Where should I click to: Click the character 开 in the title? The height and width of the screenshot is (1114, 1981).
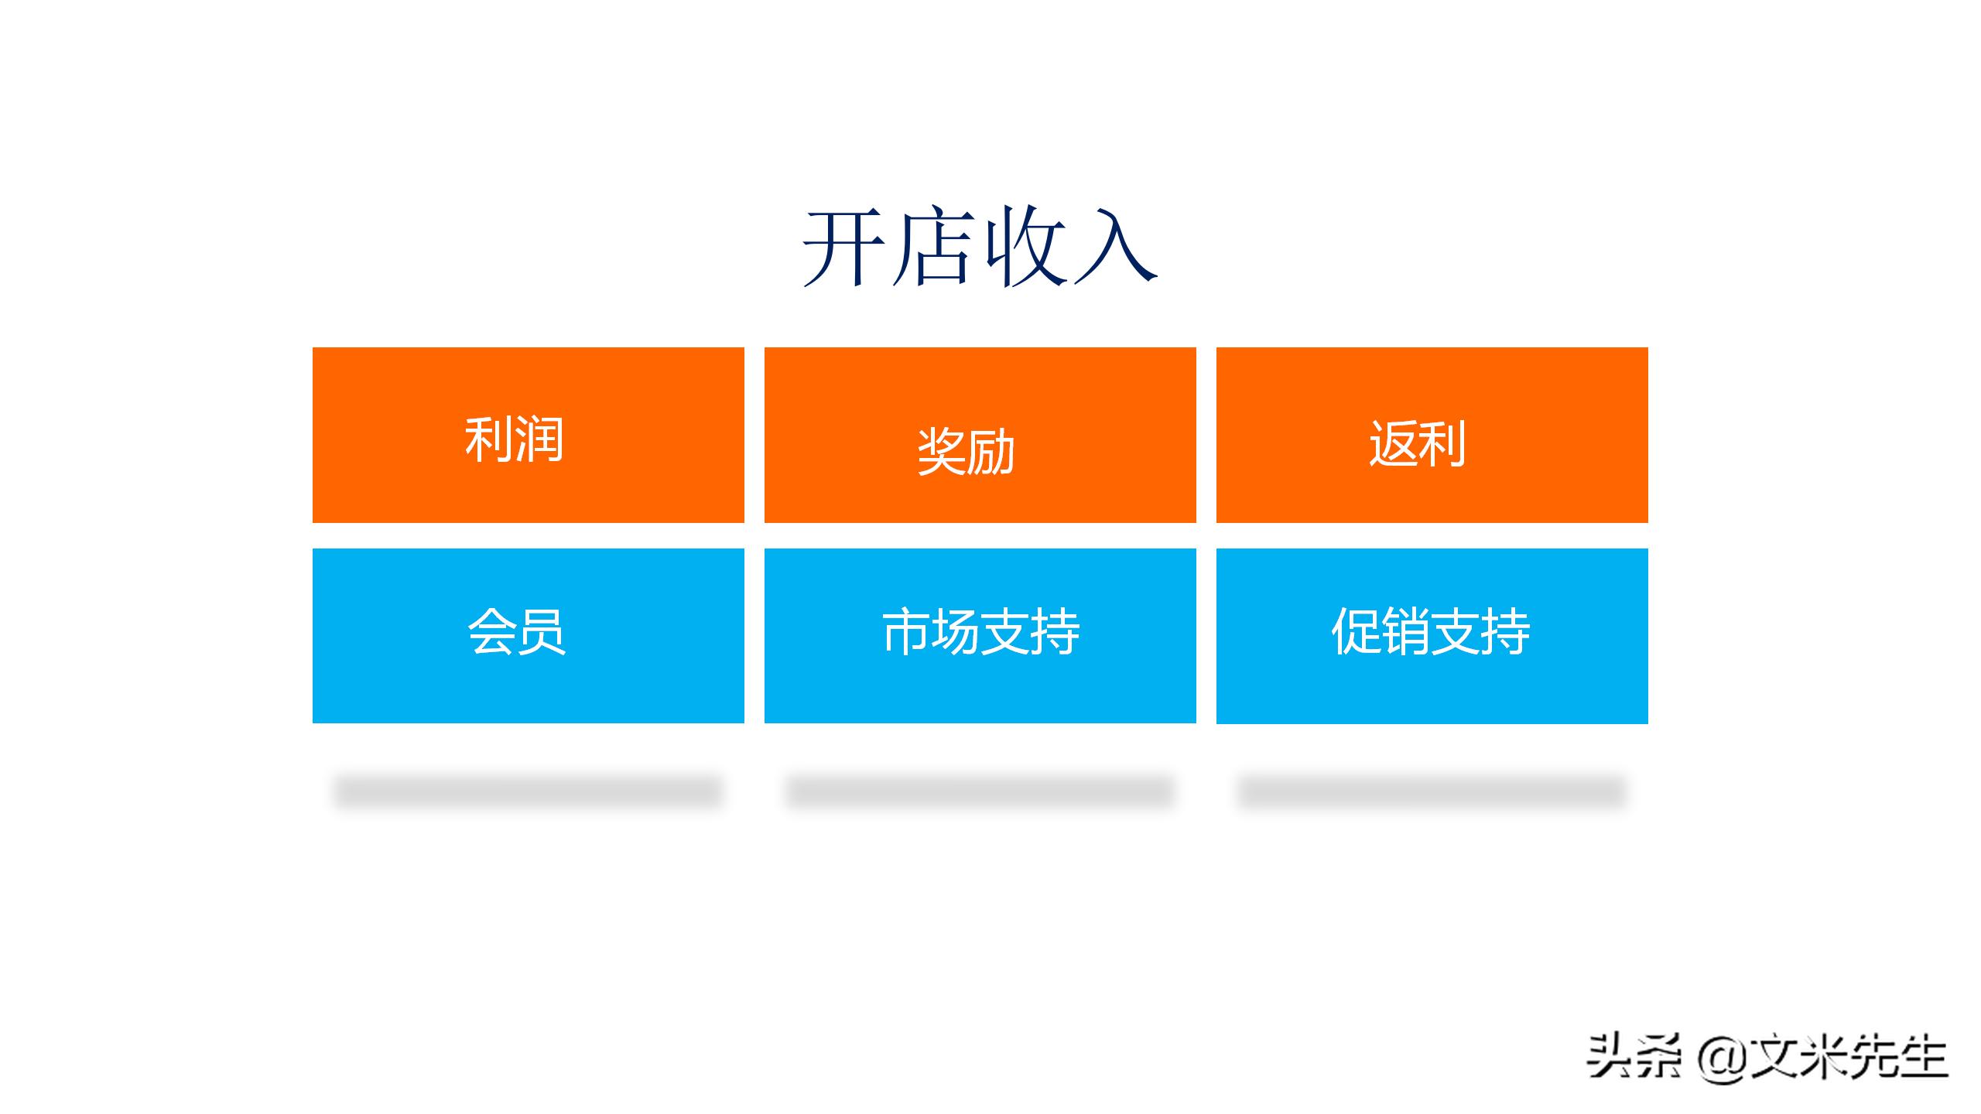(843, 248)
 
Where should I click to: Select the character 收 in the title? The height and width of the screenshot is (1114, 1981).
(1025, 248)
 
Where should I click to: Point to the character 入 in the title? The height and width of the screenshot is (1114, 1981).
(1114, 248)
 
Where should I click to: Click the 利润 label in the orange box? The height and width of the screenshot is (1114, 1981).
(514, 440)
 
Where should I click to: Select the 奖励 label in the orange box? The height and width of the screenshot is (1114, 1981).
(966, 452)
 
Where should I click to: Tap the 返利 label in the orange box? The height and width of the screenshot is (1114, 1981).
(1418, 444)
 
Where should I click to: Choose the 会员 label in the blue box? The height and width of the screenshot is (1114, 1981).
(516, 632)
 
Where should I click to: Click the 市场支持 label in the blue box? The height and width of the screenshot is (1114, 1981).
(980, 632)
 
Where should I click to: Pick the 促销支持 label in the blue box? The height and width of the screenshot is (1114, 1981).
(1431, 632)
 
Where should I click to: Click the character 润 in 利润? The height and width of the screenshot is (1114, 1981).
(539, 440)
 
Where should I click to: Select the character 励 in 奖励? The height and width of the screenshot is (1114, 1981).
(991, 452)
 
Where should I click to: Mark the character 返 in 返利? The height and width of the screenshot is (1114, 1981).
(1393, 444)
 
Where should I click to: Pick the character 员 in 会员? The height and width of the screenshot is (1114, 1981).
(542, 632)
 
